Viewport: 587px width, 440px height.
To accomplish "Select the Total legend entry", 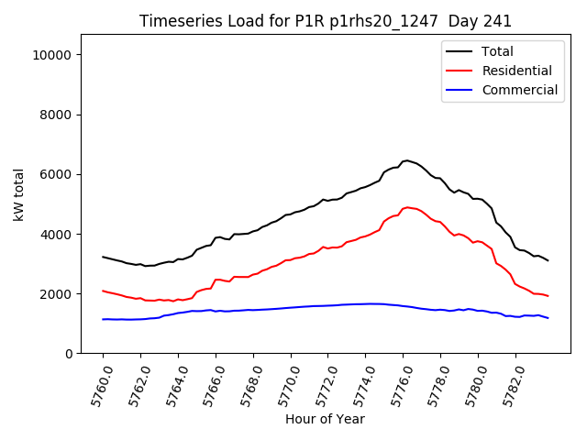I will (497, 51).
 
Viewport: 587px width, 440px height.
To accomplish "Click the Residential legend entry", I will (516, 71).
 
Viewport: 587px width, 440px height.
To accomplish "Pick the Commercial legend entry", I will (519, 90).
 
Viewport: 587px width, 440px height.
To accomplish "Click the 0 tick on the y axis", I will (70, 354).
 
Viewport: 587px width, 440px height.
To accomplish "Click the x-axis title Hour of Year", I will (325, 419).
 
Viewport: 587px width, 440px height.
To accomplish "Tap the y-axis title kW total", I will (19, 194).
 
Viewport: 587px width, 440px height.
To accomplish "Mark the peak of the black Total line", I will (406, 160).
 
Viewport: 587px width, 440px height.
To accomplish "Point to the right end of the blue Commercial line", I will (548, 318).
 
